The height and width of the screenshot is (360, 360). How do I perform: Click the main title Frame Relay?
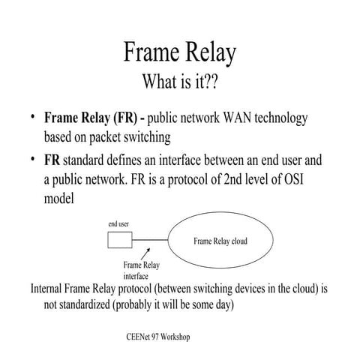[179, 54]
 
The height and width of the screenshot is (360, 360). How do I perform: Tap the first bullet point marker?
[34, 118]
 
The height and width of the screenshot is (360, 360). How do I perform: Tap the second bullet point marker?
[34, 160]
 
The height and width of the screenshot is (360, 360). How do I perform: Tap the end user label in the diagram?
[118, 224]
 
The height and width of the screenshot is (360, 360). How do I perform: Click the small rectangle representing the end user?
[118, 241]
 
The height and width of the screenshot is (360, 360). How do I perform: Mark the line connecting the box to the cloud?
[149, 241]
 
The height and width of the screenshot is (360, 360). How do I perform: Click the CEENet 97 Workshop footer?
[158, 337]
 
